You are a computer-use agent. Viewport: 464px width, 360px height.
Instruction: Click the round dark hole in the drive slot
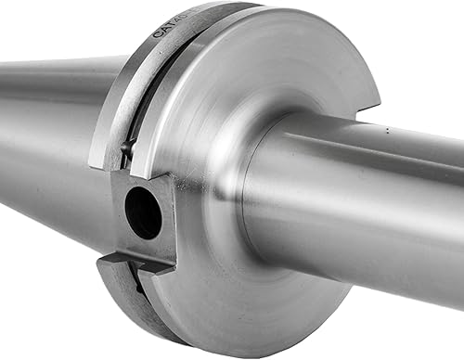click(143, 213)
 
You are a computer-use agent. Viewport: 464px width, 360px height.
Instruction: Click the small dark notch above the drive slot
click(128, 148)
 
